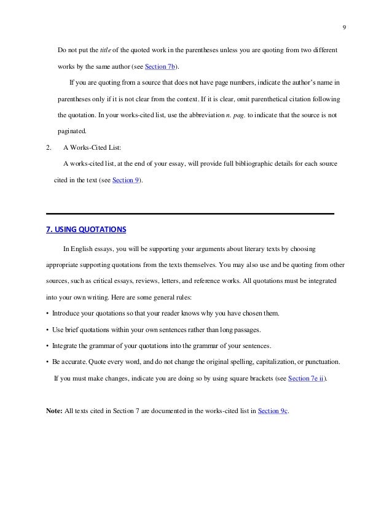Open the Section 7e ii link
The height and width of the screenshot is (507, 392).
304,378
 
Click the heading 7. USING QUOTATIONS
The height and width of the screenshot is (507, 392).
86,230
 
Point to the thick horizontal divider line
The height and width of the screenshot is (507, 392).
190,214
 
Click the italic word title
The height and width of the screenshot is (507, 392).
106,49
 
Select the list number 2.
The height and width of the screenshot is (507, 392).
49,148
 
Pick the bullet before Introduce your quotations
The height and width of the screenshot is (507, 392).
48,313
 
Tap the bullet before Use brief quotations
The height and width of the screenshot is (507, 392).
48,330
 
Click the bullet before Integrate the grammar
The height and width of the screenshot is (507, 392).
48,346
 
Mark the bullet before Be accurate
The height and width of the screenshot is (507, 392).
48,362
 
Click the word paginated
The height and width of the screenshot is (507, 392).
73,131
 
